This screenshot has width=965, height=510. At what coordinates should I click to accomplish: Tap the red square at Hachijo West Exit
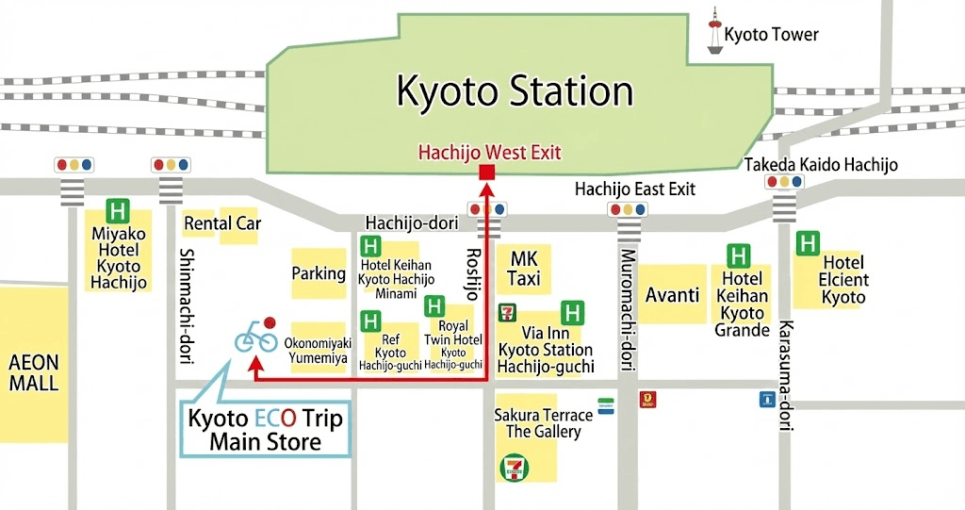pos(487,172)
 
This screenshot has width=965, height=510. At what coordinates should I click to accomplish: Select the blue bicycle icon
pos(255,337)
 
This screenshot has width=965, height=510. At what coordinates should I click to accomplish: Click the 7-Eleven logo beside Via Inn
pos(507,311)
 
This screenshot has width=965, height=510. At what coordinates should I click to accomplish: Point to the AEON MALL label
pos(34,372)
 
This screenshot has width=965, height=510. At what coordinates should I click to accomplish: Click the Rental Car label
pos(221,223)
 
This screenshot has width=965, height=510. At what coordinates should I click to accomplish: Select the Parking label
pos(319,273)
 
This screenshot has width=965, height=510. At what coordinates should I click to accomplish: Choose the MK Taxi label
pos(524,269)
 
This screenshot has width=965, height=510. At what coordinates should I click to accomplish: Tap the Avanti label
pos(672,295)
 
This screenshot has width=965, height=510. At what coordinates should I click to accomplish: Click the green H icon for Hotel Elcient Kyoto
pos(808,243)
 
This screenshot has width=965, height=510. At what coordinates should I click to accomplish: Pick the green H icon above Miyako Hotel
pos(118,210)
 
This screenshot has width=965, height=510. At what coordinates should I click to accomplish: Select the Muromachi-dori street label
pos(626,310)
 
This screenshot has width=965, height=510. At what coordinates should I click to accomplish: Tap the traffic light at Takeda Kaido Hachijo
pos(784,182)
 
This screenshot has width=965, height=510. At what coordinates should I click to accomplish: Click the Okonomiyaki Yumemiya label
pos(319,351)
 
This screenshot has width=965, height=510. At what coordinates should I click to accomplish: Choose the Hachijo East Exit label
pos(635,189)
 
